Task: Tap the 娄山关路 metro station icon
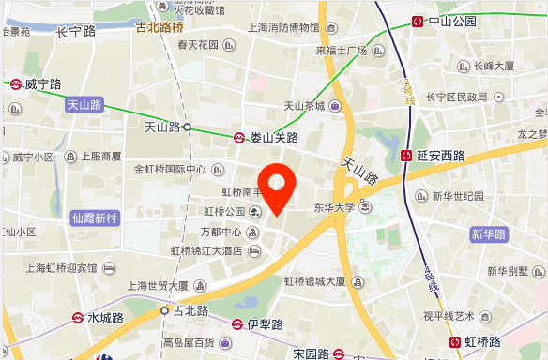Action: (240, 137)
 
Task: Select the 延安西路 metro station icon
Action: (406, 156)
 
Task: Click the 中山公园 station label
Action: (451, 21)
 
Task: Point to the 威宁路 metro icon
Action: (17, 84)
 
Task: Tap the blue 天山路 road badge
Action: (84, 106)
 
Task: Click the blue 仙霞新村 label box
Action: (96, 217)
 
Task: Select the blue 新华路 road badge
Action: (489, 233)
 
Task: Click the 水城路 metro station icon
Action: (78, 319)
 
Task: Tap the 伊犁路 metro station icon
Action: (237, 324)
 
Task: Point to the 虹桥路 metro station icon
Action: (456, 343)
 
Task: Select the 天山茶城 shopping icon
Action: (335, 106)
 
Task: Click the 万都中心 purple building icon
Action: (253, 232)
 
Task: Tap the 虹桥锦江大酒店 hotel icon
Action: (253, 250)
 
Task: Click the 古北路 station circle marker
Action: (165, 309)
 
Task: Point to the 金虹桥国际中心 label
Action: (170, 170)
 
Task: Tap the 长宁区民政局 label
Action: (456, 97)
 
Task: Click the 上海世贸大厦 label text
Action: (159, 286)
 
